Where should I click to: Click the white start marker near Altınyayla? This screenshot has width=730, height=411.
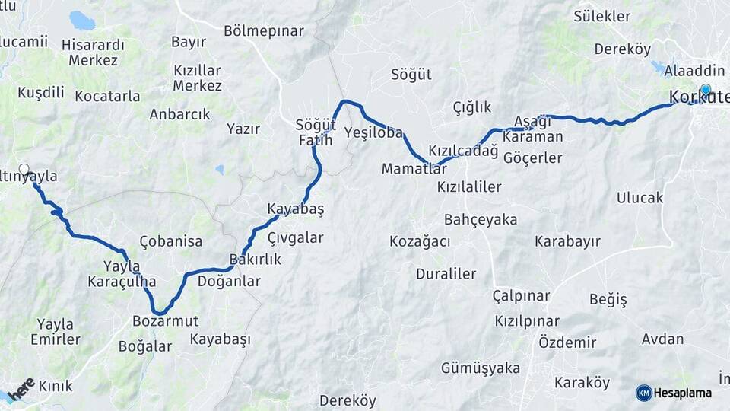24,170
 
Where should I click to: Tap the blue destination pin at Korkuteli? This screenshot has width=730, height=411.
706,91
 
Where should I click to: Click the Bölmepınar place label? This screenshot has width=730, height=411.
264,31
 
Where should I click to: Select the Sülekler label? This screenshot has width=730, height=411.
602,16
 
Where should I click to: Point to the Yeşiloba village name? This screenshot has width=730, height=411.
373,132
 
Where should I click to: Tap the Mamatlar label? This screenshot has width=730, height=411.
414,168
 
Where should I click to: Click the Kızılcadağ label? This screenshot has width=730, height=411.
463,150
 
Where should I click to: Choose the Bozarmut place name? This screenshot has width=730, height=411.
165,320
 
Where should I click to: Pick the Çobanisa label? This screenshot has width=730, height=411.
171,241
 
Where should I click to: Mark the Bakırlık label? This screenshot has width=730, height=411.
255,260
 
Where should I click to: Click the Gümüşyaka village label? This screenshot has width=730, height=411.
480,368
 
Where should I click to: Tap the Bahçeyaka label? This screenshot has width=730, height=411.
480,220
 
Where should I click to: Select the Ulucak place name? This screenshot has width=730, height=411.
640,198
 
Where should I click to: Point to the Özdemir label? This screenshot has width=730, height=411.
567,342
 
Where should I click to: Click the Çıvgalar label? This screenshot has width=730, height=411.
296,238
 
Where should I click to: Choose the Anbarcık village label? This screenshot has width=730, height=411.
179,114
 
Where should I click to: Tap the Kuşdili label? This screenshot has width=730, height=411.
41,92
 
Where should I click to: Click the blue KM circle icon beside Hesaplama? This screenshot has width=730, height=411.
643,393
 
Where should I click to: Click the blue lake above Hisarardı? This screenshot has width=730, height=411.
81,20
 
